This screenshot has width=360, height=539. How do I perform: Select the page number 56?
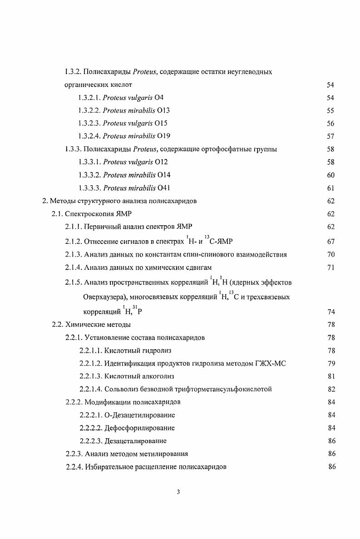pos(330,124)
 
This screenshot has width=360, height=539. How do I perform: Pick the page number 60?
pos(330,175)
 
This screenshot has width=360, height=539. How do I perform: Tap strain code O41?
pos(163,188)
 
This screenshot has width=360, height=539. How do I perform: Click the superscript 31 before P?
pos(135,307)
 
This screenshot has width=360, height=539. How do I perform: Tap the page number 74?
pos(330,312)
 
